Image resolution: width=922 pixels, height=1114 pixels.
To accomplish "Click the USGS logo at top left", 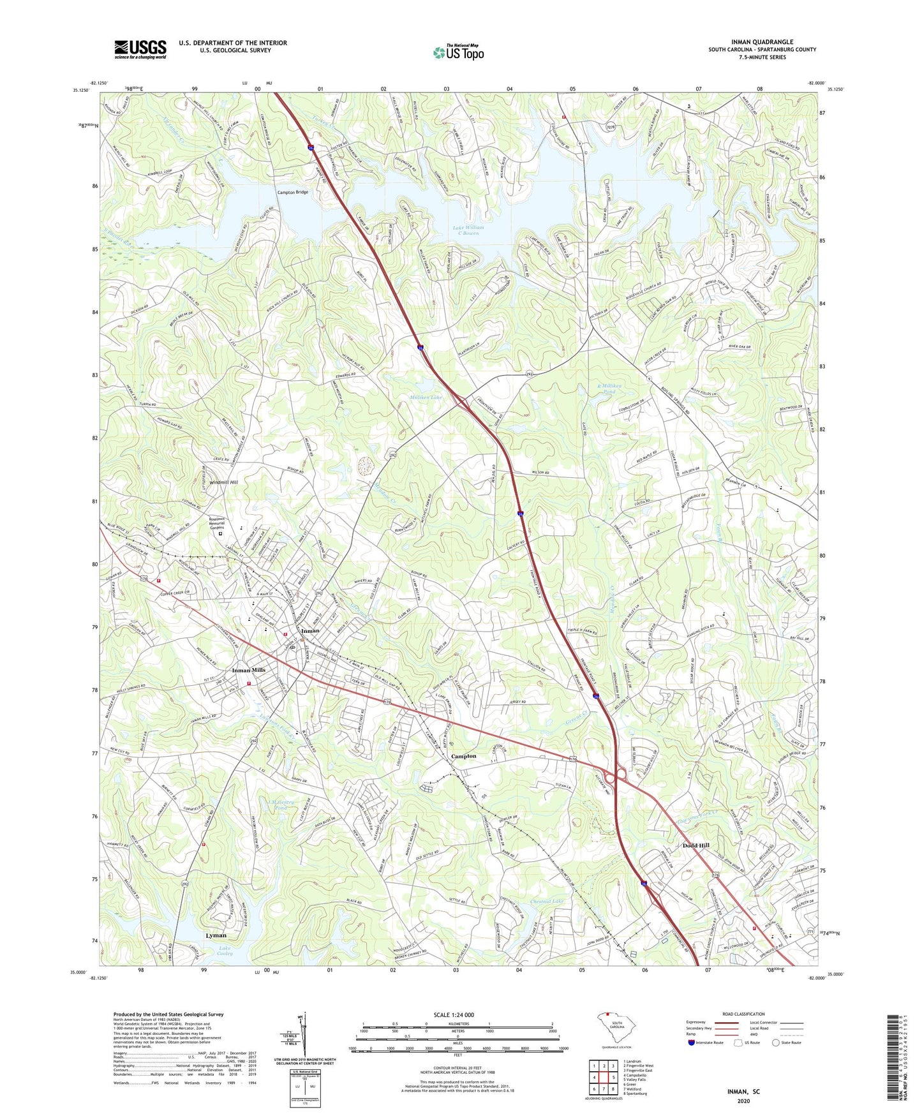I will click(x=140, y=49).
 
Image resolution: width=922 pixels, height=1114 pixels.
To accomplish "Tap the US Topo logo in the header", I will click(x=458, y=52).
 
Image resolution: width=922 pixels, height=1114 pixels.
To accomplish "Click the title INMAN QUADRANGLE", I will click(x=762, y=42).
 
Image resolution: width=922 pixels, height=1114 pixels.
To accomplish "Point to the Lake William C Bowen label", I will click(x=468, y=230).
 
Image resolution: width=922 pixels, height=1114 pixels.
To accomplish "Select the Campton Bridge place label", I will click(x=292, y=192).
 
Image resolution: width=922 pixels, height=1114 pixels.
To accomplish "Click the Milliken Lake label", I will click(x=426, y=397).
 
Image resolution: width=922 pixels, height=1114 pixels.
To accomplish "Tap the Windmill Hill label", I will click(x=221, y=482).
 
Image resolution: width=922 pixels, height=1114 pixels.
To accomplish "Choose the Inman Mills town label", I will click(x=248, y=670).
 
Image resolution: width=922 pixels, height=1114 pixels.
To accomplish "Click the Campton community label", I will click(x=463, y=756).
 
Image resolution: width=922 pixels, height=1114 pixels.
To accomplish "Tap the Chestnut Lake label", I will click(x=547, y=902).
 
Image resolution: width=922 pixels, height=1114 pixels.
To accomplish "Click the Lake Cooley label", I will click(x=225, y=951).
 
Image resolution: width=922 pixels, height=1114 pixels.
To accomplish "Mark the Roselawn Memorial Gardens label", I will click(x=221, y=523).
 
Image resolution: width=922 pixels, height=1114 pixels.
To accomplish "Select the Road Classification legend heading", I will click(x=743, y=1014).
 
